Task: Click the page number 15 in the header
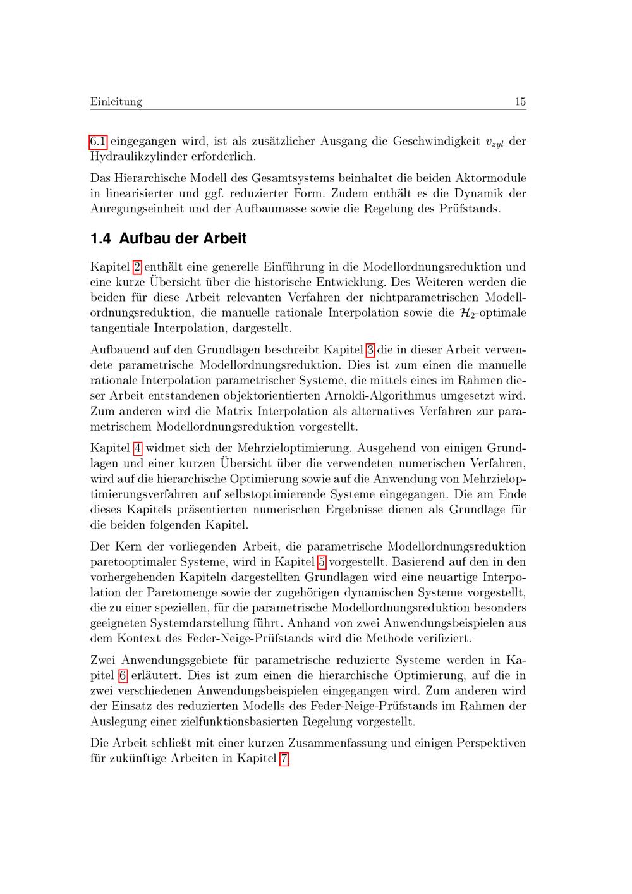coord(520,102)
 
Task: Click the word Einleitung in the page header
coord(116,102)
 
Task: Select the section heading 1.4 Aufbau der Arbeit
coord(168,239)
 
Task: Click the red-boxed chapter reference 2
coord(137,267)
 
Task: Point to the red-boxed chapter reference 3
coord(370,350)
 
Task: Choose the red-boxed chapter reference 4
coord(137,448)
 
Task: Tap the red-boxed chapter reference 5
coord(322,562)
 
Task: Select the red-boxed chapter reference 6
coord(123,675)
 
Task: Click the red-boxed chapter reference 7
coord(284,759)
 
